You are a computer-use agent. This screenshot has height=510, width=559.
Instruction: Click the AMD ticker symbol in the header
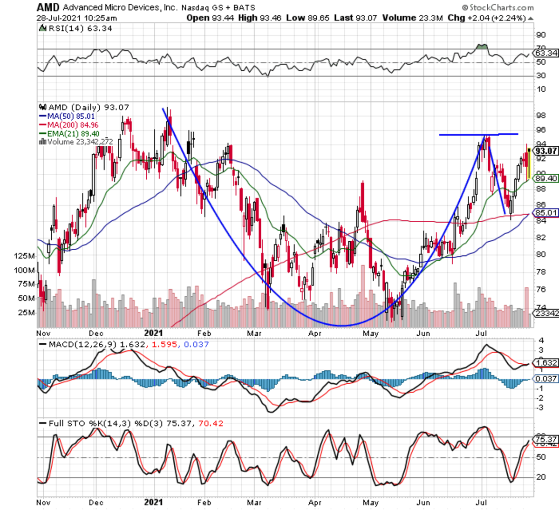tap(48, 7)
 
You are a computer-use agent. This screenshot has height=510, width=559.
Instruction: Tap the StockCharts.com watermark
tap(498, 7)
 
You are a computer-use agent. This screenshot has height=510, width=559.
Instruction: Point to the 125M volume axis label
tap(25, 256)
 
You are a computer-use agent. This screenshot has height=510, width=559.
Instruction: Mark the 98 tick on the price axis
tap(541, 116)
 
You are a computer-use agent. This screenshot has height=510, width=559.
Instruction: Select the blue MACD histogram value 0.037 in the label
tap(196, 345)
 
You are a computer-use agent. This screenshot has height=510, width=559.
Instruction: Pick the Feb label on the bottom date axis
tap(204, 502)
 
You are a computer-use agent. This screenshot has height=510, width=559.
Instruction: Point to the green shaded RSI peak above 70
tap(483, 47)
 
